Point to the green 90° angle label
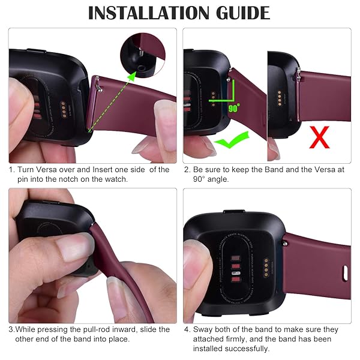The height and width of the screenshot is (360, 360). (x=234, y=109)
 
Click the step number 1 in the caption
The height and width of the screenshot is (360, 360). (x=11, y=170)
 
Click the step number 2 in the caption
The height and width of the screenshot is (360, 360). (x=187, y=170)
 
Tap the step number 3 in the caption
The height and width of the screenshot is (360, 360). (x=11, y=329)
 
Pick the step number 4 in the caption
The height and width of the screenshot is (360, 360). (x=187, y=329)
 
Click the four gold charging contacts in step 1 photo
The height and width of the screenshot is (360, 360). (x=61, y=109)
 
